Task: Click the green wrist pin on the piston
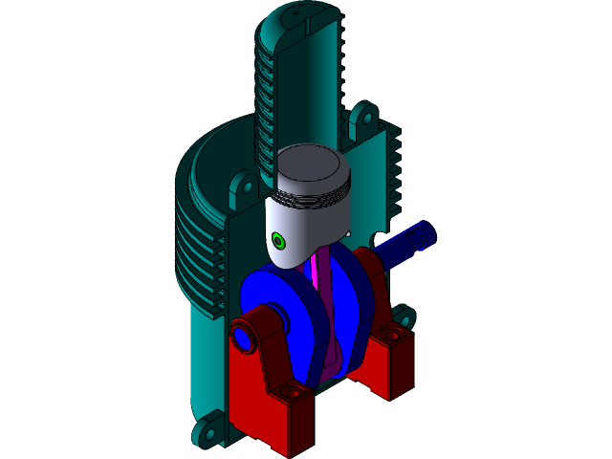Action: coord(278,239)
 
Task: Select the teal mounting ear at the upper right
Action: coord(361,120)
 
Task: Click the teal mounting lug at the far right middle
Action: coord(404,316)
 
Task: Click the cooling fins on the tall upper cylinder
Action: coord(266,96)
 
